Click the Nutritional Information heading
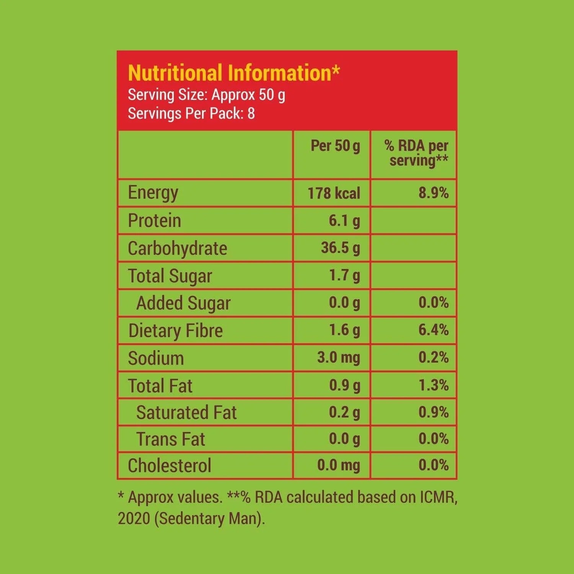pyautogui.click(x=233, y=73)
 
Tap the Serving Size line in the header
pyautogui.click(x=206, y=95)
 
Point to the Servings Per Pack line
pyautogui.click(x=191, y=114)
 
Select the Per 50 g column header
pyautogui.click(x=335, y=146)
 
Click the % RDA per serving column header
pyautogui.click(x=416, y=153)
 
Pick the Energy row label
pyautogui.click(x=153, y=192)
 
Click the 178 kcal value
pyautogui.click(x=334, y=193)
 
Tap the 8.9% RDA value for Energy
pyautogui.click(x=433, y=193)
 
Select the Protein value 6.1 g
pyautogui.click(x=344, y=221)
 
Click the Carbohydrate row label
pyautogui.click(x=177, y=248)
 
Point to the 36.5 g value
pyautogui.click(x=340, y=248)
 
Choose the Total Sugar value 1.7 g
pyautogui.click(x=344, y=276)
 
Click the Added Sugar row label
pyautogui.click(x=183, y=303)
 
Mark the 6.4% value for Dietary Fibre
pyautogui.click(x=433, y=330)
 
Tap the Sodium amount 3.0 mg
pyautogui.click(x=338, y=358)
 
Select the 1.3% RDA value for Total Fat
pyautogui.click(x=433, y=385)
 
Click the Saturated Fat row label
pyautogui.click(x=186, y=413)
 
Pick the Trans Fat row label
pyautogui.click(x=171, y=439)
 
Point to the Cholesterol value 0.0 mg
pyautogui.click(x=338, y=465)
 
